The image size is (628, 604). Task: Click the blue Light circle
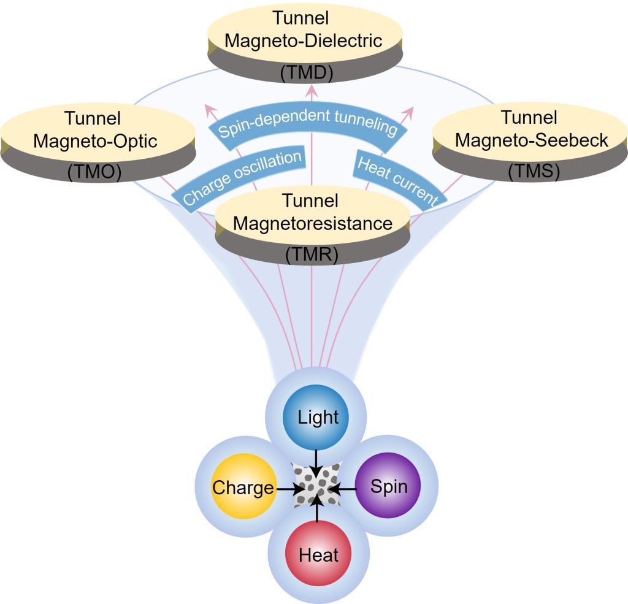click(x=316, y=418)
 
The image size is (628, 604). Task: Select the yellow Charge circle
click(x=243, y=487)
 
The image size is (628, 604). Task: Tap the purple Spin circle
click(x=389, y=487)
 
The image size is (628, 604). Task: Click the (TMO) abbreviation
click(x=95, y=174)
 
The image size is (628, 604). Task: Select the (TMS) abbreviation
click(x=533, y=172)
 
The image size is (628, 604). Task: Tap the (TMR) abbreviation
click(x=311, y=253)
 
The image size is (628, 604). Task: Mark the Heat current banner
click(x=398, y=182)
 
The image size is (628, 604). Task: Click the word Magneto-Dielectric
click(x=304, y=42)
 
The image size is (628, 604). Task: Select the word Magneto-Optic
click(x=95, y=141)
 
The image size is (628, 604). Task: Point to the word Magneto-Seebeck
click(x=532, y=140)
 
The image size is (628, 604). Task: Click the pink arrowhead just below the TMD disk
click(x=312, y=91)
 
